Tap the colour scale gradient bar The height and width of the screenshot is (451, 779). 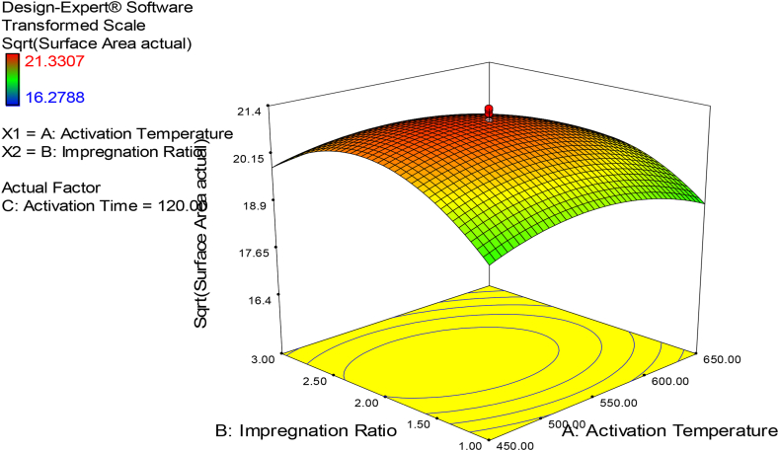coord(12,81)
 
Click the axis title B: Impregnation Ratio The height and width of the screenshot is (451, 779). coord(307,431)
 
